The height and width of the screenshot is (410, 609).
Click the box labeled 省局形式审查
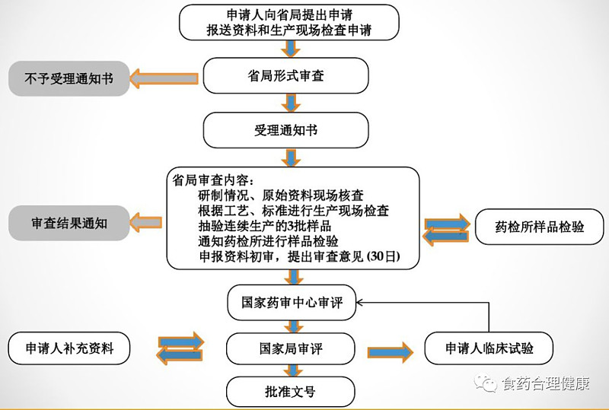tap(286, 75)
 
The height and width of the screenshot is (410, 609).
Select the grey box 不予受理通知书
tap(69, 78)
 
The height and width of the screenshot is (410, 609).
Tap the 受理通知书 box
tap(286, 130)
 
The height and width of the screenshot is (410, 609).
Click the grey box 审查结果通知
tap(69, 223)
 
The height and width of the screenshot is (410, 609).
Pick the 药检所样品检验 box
tap(540, 227)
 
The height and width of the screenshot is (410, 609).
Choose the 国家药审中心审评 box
tap(292, 303)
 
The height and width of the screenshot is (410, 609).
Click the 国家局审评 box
tap(291, 348)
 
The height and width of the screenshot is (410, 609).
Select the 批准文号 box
tap(291, 392)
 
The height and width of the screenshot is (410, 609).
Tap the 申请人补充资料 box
tap(69, 348)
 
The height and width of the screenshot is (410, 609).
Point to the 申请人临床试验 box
tap(489, 348)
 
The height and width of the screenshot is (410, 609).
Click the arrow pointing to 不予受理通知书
tap(164, 78)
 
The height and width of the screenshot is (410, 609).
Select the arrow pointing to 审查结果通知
tap(145, 222)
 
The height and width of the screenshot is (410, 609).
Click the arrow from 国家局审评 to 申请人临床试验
tap(390, 352)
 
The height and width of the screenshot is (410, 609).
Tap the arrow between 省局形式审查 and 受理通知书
tap(291, 103)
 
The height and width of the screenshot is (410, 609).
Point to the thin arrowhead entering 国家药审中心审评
tap(359, 303)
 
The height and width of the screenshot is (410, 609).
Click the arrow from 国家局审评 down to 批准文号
tap(293, 370)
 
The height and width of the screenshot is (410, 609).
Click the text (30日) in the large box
tap(383, 256)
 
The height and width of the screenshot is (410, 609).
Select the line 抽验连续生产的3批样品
tap(264, 226)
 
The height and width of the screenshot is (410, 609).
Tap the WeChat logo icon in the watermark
tap(485, 383)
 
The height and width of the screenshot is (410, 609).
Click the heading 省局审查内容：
tap(214, 180)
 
